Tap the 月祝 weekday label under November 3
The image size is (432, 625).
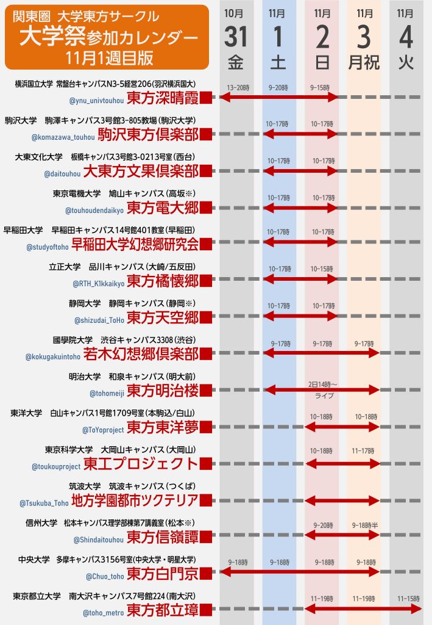(x=364, y=62)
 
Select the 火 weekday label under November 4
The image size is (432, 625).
(x=406, y=62)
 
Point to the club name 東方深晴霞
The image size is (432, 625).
(x=162, y=98)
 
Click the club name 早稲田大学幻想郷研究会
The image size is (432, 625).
(x=135, y=244)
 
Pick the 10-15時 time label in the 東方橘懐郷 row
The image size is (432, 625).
(x=321, y=269)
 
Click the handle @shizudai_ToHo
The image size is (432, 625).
(x=99, y=320)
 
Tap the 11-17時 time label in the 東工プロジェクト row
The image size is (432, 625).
(x=364, y=450)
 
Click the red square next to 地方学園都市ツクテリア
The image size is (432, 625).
(x=206, y=500)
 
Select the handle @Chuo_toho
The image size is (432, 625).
(x=105, y=576)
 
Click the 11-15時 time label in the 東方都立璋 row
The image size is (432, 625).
(x=407, y=599)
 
